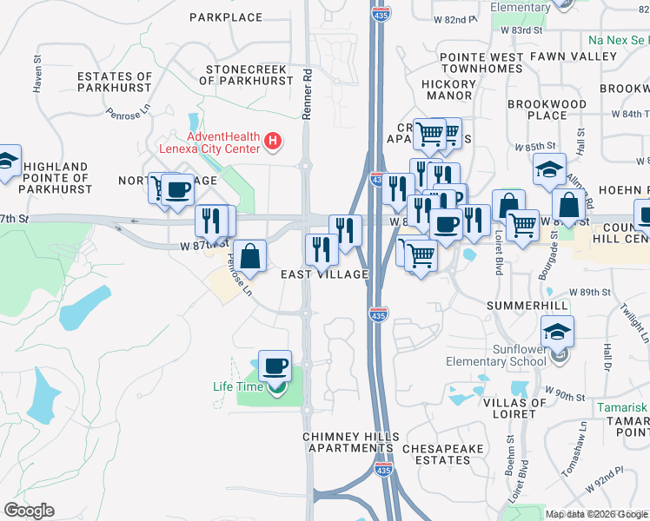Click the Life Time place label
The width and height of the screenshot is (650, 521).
pyautogui.click(x=238, y=386)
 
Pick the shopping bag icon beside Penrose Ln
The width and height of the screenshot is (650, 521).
pyautogui.click(x=250, y=257)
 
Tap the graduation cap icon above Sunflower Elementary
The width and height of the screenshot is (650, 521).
pyautogui.click(x=557, y=332)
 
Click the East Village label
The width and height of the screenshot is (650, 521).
pyautogui.click(x=324, y=274)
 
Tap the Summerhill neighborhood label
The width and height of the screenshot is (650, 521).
pyautogui.click(x=527, y=306)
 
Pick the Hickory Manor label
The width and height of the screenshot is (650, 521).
pyautogui.click(x=448, y=89)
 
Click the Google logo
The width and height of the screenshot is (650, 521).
pyautogui.click(x=30, y=511)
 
